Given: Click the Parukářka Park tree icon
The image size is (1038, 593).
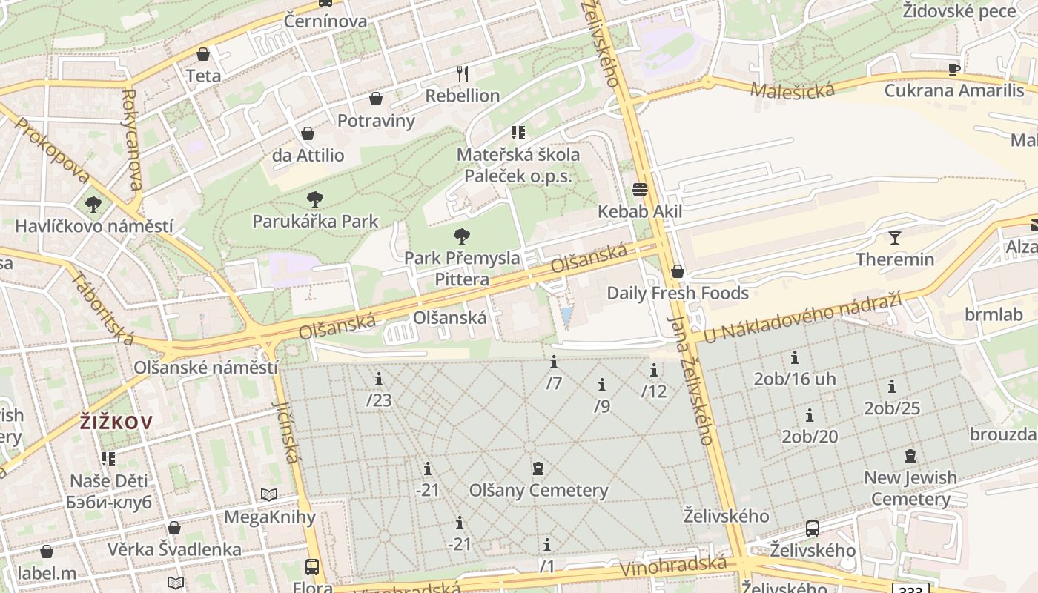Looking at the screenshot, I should (314, 199).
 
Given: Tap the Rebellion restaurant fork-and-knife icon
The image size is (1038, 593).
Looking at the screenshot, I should (463, 73).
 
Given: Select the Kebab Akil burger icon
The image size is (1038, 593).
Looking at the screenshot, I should (640, 190).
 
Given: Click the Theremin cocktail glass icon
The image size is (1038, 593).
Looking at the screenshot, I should (895, 238).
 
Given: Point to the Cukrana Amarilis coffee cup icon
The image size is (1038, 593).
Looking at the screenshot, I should (953, 69).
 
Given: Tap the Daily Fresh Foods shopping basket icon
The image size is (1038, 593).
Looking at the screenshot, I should (677, 271).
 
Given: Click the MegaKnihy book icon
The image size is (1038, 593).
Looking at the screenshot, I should (269, 494).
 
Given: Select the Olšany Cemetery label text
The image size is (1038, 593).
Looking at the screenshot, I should (538, 490).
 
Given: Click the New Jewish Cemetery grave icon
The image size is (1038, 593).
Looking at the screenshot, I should (910, 456).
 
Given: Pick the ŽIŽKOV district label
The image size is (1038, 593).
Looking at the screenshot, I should (116, 423).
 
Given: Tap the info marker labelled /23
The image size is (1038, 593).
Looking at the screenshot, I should (379, 380).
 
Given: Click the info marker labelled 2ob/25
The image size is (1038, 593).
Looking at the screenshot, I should (892, 386).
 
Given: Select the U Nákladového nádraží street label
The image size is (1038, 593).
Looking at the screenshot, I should (802, 317).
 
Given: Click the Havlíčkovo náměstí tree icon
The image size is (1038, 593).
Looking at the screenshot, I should (93, 204).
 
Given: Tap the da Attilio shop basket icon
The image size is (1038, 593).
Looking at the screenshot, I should (308, 133).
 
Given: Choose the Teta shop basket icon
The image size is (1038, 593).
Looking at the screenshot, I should (203, 54).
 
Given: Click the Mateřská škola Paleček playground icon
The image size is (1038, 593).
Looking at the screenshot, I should (518, 133).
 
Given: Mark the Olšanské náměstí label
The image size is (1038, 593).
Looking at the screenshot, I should (205, 367).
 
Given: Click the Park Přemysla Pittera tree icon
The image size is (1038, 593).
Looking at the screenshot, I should (461, 236).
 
